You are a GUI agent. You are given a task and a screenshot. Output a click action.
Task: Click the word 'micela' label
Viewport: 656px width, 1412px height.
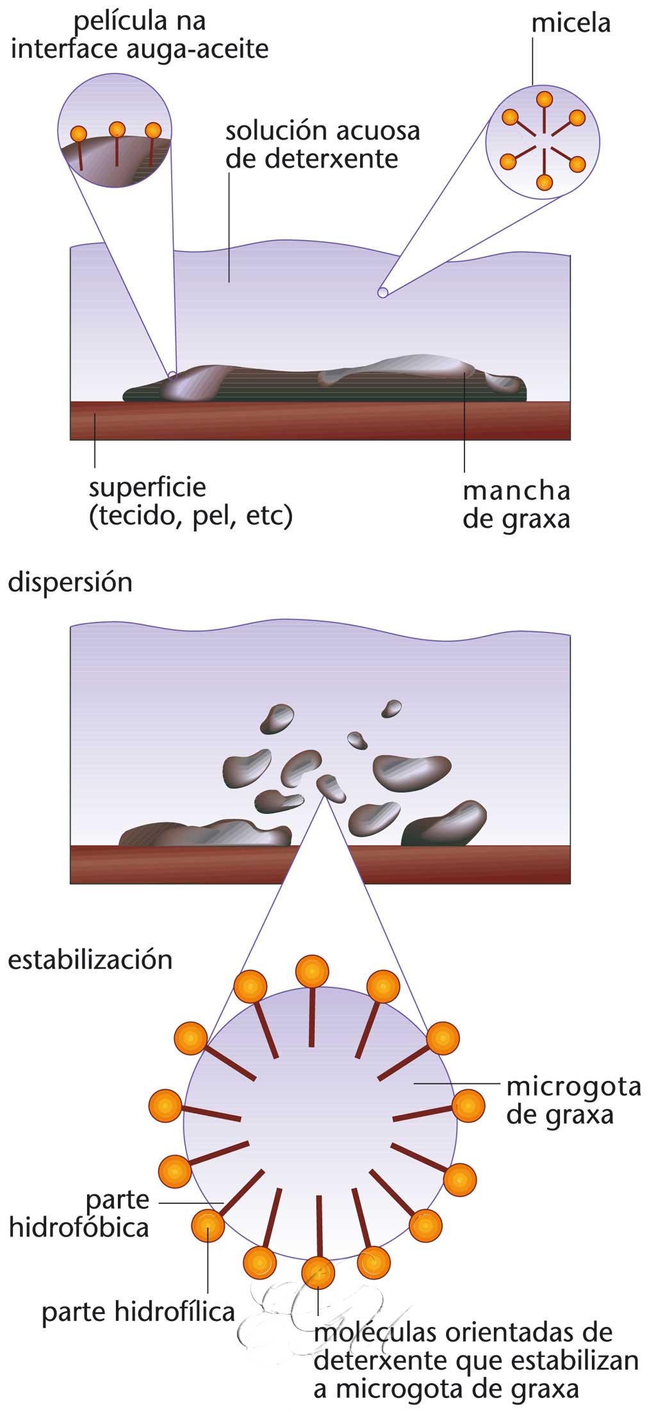tap(571, 24)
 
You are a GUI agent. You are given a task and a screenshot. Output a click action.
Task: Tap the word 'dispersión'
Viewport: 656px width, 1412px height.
tap(70, 583)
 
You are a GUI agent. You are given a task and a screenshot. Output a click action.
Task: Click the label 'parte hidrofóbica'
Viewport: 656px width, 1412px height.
tap(79, 1213)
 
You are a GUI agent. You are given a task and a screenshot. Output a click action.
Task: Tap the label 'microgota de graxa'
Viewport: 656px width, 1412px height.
tap(573, 1101)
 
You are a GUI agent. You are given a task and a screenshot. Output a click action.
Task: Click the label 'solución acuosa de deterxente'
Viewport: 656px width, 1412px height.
tap(322, 145)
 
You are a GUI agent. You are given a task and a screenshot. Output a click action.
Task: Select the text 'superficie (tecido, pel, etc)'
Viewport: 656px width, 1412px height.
tap(190, 501)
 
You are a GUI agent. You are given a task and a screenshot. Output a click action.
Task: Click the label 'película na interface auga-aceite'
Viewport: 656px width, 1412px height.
tap(140, 35)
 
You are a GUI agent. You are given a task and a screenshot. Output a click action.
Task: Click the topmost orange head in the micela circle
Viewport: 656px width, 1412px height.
tap(544, 99)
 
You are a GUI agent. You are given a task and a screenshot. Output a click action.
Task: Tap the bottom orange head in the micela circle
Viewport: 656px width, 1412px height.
tap(544, 183)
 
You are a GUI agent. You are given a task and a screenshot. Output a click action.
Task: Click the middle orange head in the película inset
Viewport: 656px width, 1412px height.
tap(117, 129)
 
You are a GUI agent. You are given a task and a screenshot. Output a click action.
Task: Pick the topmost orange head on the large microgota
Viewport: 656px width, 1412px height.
tap(312, 971)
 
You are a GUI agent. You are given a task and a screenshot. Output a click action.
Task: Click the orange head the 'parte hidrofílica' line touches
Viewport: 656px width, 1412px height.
tap(208, 1225)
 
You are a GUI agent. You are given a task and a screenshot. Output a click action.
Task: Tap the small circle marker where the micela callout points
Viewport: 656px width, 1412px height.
tap(382, 293)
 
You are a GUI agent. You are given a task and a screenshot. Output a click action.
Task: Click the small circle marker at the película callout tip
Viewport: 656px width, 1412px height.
tap(172, 375)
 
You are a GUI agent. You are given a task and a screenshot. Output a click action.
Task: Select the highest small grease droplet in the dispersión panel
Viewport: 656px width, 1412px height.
tap(391, 708)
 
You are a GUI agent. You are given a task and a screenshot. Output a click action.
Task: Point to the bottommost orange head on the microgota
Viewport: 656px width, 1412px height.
tap(318, 1272)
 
